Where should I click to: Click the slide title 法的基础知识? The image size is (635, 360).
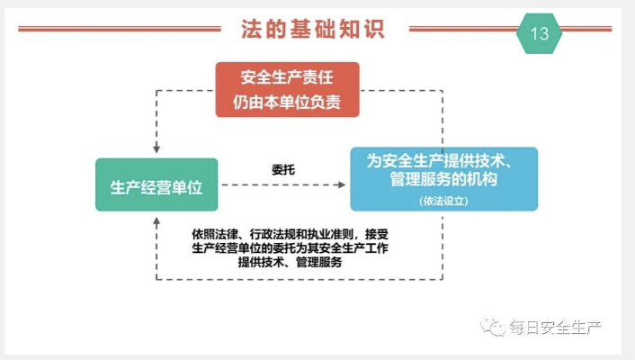[x=313, y=29]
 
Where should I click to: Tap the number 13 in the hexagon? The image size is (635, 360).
[x=540, y=33]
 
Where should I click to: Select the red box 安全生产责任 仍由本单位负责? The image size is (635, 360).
[x=287, y=90]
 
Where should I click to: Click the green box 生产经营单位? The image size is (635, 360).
[x=157, y=184]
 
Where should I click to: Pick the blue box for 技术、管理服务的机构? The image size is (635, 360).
[x=443, y=179]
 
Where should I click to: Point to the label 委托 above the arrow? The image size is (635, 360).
[x=283, y=169]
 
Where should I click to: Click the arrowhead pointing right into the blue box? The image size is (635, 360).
[x=342, y=184]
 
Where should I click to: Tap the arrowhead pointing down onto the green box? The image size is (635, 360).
[x=157, y=148]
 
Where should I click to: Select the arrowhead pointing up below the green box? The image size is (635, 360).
[x=157, y=221]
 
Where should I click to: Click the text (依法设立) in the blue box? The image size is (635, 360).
[x=443, y=201]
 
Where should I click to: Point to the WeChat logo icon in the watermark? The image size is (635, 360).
[x=493, y=327]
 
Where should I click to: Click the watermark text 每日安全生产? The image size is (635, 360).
[x=555, y=327]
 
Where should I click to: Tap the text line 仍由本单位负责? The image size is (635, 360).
[x=287, y=103]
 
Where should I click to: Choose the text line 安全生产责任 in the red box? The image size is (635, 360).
[x=287, y=77]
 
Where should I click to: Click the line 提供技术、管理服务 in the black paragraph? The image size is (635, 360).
[x=290, y=262]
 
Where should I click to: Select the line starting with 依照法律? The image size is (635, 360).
[x=290, y=234]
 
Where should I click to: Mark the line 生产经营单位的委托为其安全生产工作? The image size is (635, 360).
[x=290, y=248]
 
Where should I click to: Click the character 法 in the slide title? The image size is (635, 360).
[x=252, y=29]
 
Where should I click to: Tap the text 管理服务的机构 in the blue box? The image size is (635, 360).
[x=443, y=179]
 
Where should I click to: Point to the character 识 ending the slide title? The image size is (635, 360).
[x=374, y=29]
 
